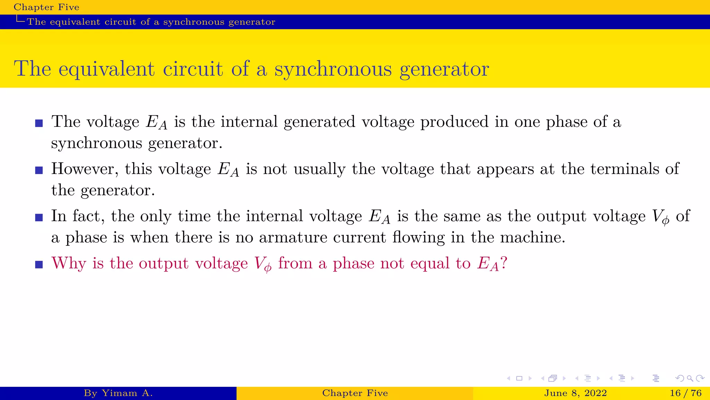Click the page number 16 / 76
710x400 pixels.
click(685, 393)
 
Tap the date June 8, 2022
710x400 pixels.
click(575, 393)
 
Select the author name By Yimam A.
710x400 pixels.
click(118, 393)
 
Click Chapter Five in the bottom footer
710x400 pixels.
click(355, 393)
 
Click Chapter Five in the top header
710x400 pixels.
click(46, 7)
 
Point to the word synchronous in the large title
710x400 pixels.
click(333, 69)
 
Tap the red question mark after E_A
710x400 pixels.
click(504, 263)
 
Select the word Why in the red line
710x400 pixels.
click(69, 263)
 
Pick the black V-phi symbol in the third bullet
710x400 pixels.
click(661, 217)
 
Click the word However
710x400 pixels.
click(85, 169)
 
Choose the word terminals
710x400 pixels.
click(625, 169)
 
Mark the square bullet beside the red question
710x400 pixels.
click(39, 265)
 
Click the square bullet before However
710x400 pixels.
click(39, 170)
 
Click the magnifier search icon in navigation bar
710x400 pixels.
click(690, 378)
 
